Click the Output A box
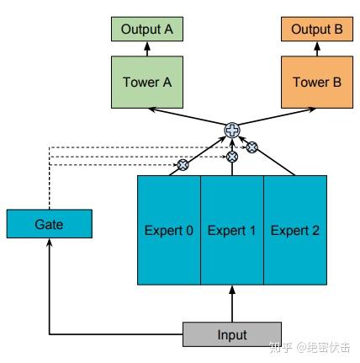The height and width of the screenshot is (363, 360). [x=146, y=29]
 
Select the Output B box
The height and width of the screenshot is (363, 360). [x=316, y=29]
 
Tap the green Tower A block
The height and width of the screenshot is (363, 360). [x=146, y=83]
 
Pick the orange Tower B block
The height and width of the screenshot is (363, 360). [x=316, y=83]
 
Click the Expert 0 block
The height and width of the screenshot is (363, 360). [x=169, y=230]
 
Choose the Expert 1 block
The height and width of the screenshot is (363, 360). [x=231, y=230]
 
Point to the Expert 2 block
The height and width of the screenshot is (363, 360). [x=294, y=230]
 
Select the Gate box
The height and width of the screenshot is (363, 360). [x=49, y=224]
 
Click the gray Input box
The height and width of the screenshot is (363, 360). [x=231, y=334]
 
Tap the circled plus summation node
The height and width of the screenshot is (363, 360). [x=231, y=130]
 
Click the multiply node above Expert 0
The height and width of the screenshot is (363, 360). [x=181, y=165]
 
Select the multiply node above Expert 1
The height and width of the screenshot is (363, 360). [x=232, y=156]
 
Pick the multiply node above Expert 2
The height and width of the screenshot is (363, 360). [x=251, y=147]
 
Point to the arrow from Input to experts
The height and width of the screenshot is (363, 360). [x=231, y=303]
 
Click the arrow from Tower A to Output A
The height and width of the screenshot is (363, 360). [x=146, y=49]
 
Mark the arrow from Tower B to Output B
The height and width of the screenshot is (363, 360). [x=316, y=49]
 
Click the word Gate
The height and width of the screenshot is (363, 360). [x=49, y=224]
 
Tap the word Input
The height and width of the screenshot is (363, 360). [x=231, y=334]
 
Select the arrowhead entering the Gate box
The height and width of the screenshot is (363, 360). [x=49, y=242]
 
